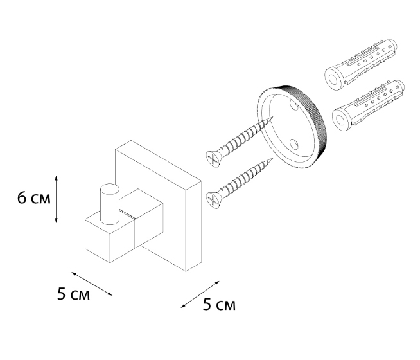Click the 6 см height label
pyautogui.click(x=34, y=199)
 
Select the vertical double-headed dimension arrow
pyautogui.click(x=57, y=199)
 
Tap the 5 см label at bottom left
pyautogui.click(x=73, y=294)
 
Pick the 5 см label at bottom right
pyautogui.click(x=219, y=305)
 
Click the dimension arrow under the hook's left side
pyautogui.click(x=92, y=283)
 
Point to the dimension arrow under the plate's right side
pyautogui.click(x=200, y=294)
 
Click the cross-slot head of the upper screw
pyautogui.click(x=213, y=159)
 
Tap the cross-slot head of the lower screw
pyautogui.click(x=213, y=200)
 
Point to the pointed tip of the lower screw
pyautogui.click(x=272, y=158)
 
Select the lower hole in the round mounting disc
pyautogui.click(x=294, y=143)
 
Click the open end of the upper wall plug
pyautogui.click(x=333, y=79)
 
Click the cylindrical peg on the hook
pyautogui.click(x=109, y=204)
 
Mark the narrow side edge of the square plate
pyautogui.click(x=193, y=226)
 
